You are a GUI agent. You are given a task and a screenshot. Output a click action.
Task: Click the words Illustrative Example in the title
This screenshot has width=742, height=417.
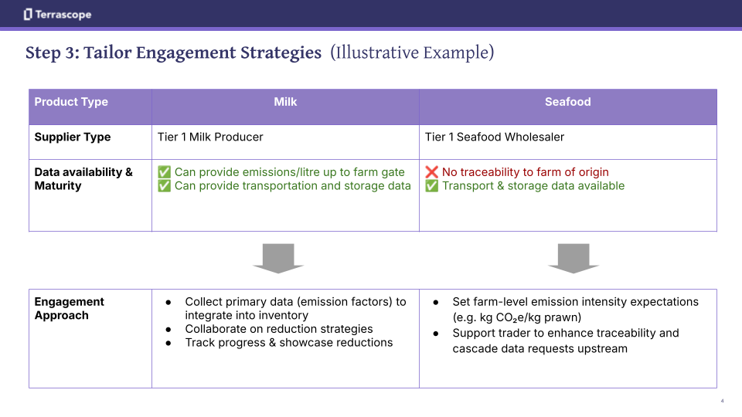pos(412,53)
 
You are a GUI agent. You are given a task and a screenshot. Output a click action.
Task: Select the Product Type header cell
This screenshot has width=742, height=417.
pos(71,102)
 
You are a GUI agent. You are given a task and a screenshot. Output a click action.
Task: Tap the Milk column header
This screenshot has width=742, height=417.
pos(285,102)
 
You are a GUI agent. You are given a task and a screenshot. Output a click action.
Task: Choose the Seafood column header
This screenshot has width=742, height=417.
pos(567,102)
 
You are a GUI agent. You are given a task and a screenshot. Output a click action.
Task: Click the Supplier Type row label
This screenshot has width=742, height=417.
pos(73,137)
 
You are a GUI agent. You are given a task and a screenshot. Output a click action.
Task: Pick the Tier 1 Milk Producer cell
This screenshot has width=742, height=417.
pos(210,137)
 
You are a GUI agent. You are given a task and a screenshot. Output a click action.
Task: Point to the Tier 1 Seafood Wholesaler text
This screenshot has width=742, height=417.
pos(495,137)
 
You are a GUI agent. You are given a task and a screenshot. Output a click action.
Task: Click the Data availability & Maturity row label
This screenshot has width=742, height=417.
pos(83,178)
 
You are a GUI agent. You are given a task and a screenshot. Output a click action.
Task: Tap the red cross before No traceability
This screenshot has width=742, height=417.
pos(432,172)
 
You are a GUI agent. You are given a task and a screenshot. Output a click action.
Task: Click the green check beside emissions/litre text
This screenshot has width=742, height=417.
pos(165,172)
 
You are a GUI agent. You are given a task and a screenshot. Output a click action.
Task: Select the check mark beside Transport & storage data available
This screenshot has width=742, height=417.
pos(432,186)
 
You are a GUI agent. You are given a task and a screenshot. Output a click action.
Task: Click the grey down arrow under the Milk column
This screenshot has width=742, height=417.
pos(278,258)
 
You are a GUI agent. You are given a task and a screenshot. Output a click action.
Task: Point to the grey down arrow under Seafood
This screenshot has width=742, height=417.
pos(574,258)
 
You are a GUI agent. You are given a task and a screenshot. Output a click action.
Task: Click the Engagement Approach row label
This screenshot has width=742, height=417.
pos(69,308)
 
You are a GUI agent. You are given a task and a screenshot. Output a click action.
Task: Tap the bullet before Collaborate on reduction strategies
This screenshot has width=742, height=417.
pos(168,329)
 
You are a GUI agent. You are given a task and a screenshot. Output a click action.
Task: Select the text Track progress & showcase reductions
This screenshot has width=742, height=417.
pos(288,343)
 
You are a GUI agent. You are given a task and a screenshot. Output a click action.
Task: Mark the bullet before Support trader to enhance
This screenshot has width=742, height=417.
pos(436,334)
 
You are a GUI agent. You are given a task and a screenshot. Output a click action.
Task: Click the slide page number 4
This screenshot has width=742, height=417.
pos(722,401)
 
